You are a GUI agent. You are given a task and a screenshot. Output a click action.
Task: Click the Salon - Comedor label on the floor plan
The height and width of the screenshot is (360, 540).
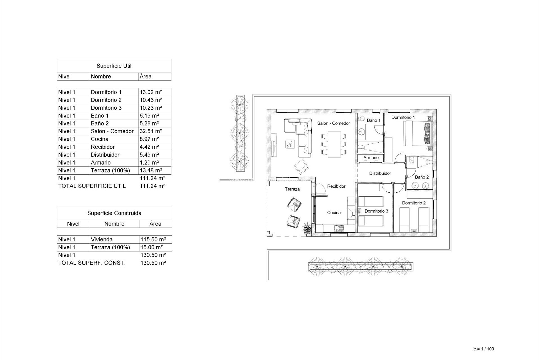[334, 123]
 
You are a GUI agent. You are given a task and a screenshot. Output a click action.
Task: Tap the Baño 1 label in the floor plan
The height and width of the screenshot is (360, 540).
[373, 120]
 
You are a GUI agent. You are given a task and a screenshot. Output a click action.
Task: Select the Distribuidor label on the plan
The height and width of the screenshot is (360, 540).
[380, 173]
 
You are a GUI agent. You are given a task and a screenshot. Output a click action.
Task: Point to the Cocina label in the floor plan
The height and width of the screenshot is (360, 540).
[334, 213]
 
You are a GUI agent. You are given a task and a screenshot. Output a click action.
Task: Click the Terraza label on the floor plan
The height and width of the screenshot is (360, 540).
[292, 189]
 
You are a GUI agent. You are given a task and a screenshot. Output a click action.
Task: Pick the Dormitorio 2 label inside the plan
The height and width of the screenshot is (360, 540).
[414, 203]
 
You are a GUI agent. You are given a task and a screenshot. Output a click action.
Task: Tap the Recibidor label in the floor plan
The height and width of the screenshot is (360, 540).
[336, 186]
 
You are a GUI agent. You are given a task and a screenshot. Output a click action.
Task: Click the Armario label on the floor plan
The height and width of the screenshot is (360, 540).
[371, 157]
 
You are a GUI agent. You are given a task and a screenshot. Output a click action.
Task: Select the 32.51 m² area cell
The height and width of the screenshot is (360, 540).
[151, 131]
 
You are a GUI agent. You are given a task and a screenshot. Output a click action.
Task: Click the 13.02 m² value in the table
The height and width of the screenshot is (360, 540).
[151, 92]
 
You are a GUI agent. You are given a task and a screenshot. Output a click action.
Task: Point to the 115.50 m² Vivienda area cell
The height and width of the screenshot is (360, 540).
[153, 240]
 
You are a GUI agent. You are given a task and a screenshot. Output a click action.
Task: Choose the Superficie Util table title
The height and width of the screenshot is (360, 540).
[114, 66]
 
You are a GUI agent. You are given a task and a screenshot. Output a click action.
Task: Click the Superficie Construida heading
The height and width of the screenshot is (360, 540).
[114, 213]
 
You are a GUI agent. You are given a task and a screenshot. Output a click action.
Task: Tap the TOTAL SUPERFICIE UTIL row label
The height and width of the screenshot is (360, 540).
[92, 186]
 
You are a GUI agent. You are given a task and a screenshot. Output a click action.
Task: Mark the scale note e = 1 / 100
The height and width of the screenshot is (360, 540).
[483, 349]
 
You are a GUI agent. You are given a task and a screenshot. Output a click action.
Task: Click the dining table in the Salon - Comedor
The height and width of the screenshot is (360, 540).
[334, 144]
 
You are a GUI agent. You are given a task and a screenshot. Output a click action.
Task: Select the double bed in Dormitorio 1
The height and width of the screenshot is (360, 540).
[417, 133]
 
